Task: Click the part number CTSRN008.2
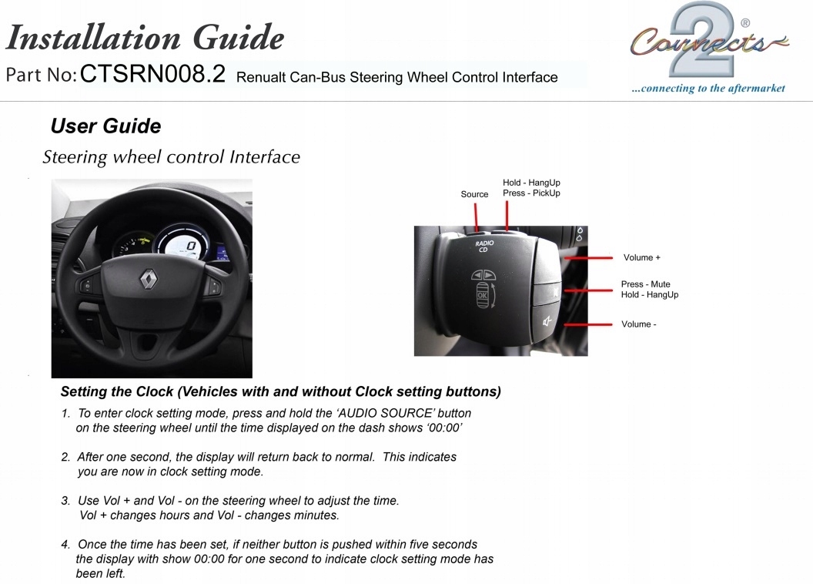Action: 152,74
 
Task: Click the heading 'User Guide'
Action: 105,126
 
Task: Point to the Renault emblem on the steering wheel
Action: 148,281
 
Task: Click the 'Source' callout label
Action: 474,194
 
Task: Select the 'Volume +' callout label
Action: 641,257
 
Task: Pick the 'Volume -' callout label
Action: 638,324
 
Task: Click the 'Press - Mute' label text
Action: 645,284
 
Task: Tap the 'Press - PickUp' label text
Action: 531,193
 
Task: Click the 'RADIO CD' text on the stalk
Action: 484,247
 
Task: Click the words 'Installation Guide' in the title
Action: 145,37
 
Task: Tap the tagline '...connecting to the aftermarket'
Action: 708,89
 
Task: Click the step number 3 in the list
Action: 65,501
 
